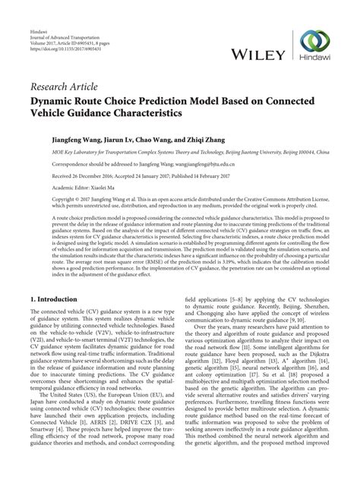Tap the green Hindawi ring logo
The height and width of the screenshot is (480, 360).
tap(315, 44)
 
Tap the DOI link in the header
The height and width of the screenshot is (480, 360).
tap(55, 36)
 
